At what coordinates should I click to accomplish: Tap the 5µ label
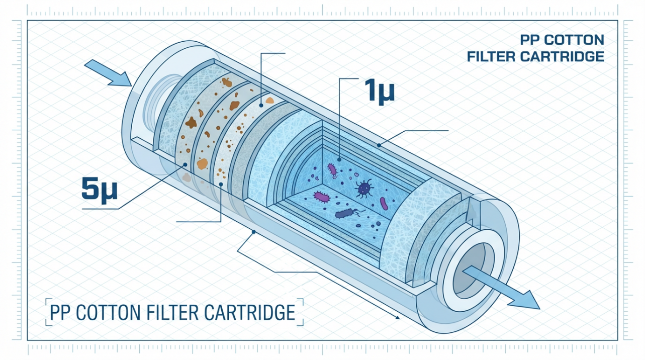[x=99, y=189]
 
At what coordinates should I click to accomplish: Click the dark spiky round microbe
[x=364, y=189]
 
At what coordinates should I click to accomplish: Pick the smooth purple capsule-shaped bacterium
[x=384, y=203]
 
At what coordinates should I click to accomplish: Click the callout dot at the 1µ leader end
[x=339, y=159]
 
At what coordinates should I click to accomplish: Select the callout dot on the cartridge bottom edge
[x=254, y=232]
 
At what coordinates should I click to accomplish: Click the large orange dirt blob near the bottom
[x=202, y=163]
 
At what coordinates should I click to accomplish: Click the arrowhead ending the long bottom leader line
[x=398, y=317]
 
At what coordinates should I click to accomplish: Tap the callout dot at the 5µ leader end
[x=185, y=164]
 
